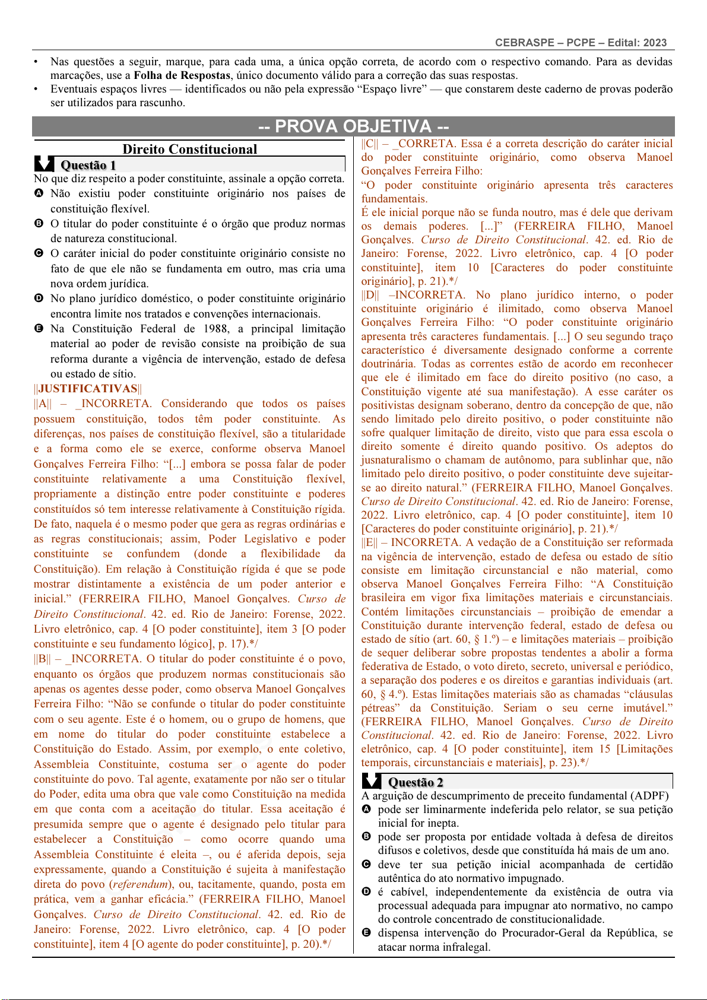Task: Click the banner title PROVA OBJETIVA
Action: pyautogui.click(x=353, y=126)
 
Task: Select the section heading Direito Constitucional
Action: pyautogui.click(x=189, y=150)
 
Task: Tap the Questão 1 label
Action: pyautogui.click(x=88, y=165)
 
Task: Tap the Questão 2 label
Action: pyautogui.click(x=416, y=782)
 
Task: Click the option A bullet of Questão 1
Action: pyautogui.click(x=39, y=193)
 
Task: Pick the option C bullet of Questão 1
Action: pyautogui.click(x=39, y=253)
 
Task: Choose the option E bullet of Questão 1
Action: pyautogui.click(x=39, y=329)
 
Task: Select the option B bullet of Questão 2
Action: pyautogui.click(x=366, y=837)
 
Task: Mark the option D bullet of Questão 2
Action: pyautogui.click(x=366, y=892)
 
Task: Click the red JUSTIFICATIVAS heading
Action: pyautogui.click(x=88, y=389)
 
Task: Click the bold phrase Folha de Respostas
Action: pyautogui.click(x=182, y=75)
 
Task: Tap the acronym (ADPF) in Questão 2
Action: pyautogui.click(x=649, y=796)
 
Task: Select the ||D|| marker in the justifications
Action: pyautogui.click(x=370, y=295)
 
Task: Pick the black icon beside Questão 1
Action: pyautogui.click(x=45, y=164)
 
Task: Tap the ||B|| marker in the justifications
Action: pyautogui.click(x=42, y=659)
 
